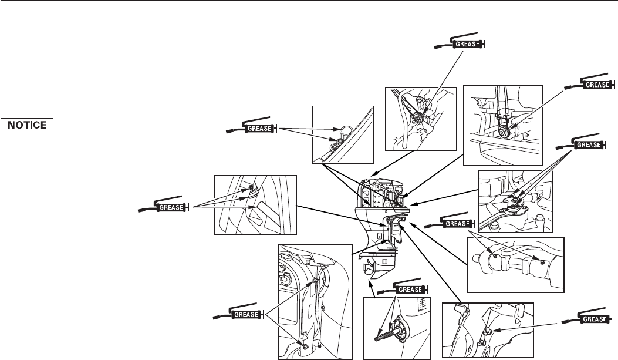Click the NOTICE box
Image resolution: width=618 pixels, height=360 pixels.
coord(28,125)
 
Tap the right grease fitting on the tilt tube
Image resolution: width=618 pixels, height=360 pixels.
coord(541,261)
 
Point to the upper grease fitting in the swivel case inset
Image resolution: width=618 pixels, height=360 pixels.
coord(316,281)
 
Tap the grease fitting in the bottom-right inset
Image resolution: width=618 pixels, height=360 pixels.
coord(487,332)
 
